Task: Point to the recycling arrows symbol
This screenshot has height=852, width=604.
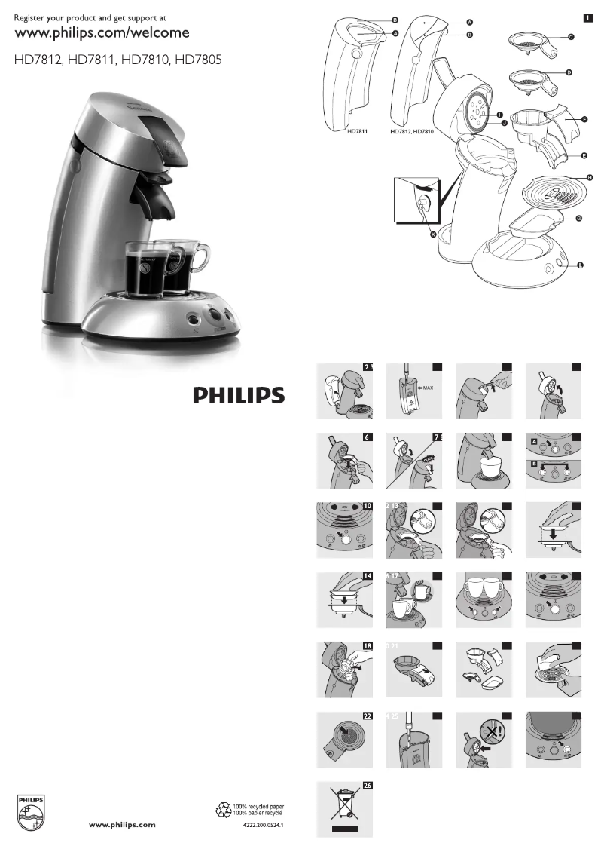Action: coord(224,811)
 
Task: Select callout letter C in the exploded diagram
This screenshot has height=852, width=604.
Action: coord(571,37)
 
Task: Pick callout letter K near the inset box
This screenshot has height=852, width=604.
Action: coord(433,234)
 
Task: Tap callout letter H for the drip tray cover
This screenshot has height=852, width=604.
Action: coord(590,177)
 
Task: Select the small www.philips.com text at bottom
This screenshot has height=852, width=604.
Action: coord(123,825)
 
